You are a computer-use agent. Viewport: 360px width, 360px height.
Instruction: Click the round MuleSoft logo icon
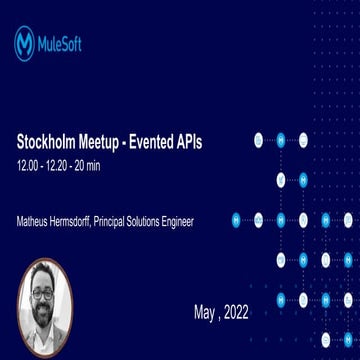coord(24,44)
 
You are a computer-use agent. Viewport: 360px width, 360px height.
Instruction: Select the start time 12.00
coord(27,164)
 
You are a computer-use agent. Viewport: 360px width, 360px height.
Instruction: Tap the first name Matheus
coord(35,221)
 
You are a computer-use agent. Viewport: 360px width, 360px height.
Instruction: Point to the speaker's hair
coord(43,275)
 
